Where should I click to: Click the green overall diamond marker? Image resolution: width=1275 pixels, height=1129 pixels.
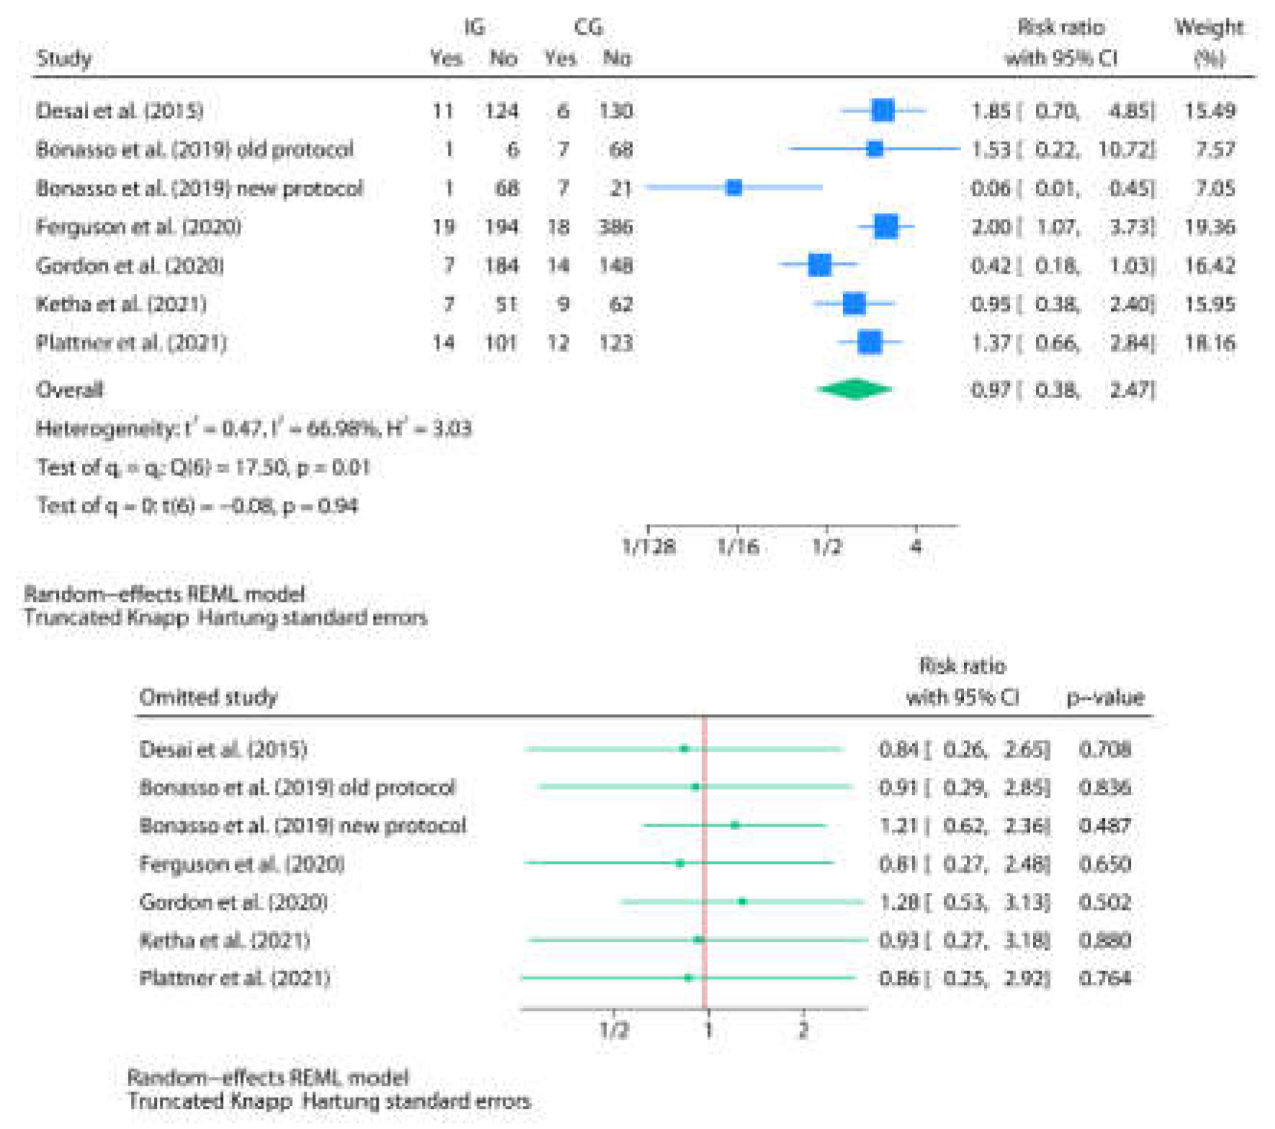[855, 390]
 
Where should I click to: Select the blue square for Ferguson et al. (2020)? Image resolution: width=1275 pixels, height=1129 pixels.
[886, 227]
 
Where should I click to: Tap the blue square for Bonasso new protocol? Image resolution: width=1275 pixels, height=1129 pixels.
[734, 188]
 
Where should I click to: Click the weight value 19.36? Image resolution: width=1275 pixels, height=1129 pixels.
[1209, 228]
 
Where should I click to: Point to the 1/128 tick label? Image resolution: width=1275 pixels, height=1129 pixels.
[648, 547]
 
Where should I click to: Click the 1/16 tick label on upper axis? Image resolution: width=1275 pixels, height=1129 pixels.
[737, 547]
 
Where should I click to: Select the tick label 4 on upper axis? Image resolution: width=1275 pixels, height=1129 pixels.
[915, 547]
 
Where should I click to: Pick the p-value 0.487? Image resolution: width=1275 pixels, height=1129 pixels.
[1104, 826]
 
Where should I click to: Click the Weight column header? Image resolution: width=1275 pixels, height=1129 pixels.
[1209, 28]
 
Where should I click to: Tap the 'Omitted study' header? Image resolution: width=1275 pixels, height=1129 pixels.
[208, 697]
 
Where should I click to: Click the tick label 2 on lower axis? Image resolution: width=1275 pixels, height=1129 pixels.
[803, 1030]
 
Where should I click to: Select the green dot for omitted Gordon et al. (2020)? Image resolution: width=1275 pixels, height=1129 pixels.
[742, 901]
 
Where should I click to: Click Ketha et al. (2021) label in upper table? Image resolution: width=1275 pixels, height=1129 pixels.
[121, 304]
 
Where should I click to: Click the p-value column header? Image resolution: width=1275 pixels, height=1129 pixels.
[1104, 697]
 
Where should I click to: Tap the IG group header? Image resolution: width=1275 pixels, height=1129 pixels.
[474, 27]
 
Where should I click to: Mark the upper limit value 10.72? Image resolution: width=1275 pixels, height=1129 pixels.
[1126, 150]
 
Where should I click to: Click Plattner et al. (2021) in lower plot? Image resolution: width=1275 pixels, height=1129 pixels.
[234, 979]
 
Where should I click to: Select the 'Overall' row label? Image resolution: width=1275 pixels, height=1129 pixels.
[69, 390]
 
